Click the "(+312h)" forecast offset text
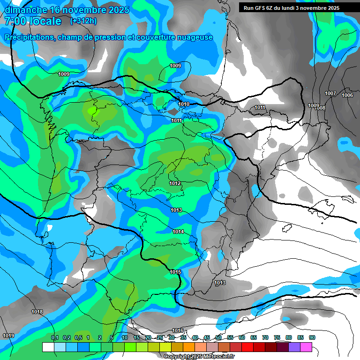(x=83, y=21)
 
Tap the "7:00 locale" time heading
(x=33, y=21)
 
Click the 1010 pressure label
(x=184, y=104)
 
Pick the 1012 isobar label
(x=175, y=183)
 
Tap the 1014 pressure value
(x=178, y=232)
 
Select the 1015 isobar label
(x=175, y=272)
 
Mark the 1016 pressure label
(x=178, y=330)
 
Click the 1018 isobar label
(x=37, y=312)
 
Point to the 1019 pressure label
(x=8, y=336)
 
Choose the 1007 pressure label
(x=330, y=93)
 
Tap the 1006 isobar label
(x=347, y=95)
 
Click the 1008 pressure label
(x=321, y=108)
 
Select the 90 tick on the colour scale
(x=312, y=337)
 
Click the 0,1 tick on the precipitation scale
(x=54, y=337)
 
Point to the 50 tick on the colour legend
(x=218, y=337)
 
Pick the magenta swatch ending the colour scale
(x=306, y=347)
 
